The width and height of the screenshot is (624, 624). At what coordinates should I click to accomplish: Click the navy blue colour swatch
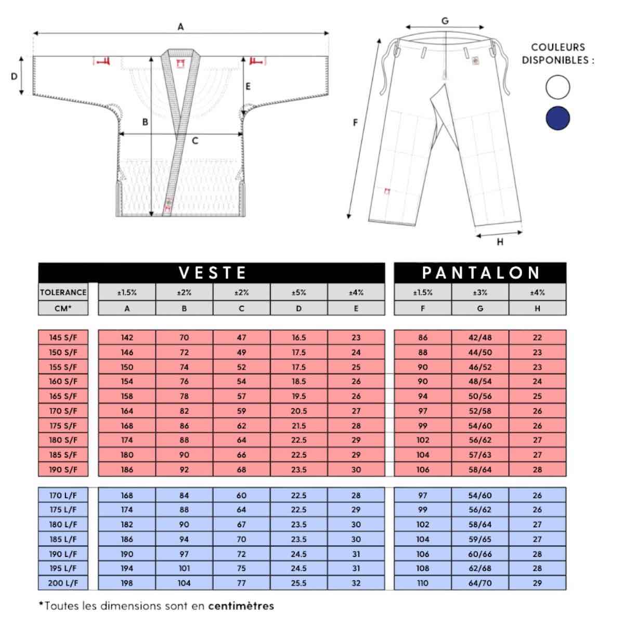[x=557, y=119]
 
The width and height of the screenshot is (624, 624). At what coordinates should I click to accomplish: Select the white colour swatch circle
[x=557, y=87]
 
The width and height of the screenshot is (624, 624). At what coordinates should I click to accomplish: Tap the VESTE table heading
[x=212, y=272]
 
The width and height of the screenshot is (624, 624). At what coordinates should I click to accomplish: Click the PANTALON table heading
[x=480, y=272]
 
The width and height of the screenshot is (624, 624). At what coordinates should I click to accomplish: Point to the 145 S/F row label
[x=63, y=337]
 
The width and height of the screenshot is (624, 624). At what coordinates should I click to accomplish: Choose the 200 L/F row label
[x=63, y=583]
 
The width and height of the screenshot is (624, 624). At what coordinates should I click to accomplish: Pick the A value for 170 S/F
[x=127, y=411]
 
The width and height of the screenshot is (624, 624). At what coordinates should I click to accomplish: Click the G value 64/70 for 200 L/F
[x=480, y=583]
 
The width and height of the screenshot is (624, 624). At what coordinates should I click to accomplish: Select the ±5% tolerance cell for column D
[x=298, y=292]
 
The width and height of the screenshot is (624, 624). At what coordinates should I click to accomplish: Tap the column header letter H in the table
[x=537, y=308]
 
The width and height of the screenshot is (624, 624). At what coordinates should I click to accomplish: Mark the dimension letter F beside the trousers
[x=356, y=123]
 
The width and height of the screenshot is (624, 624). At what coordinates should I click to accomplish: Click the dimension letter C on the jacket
[x=195, y=141]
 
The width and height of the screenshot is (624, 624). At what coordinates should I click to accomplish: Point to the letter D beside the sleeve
[x=14, y=76]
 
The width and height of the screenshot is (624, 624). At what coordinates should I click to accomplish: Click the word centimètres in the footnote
[x=241, y=606]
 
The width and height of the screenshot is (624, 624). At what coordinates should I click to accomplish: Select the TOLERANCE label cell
[x=63, y=292]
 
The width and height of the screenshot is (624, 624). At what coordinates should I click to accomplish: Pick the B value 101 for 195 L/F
[x=184, y=568]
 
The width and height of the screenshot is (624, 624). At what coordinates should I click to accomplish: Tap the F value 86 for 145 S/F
[x=423, y=337]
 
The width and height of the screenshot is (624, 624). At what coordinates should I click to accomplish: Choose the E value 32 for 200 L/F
[x=356, y=583]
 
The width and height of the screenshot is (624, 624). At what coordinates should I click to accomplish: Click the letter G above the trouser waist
[x=445, y=21]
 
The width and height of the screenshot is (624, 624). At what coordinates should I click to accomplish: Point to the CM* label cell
[x=63, y=308]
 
